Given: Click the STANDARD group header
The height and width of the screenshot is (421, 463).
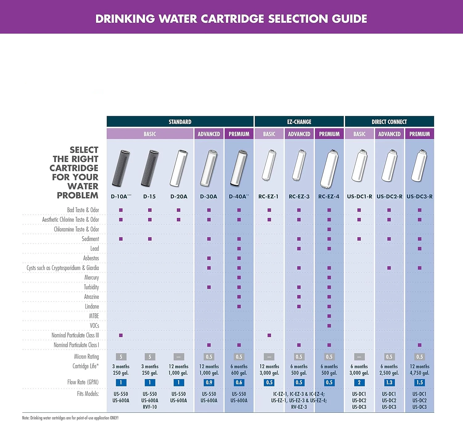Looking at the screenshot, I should click(x=180, y=122).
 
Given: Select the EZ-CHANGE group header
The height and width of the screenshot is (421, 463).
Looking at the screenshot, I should click(x=299, y=122).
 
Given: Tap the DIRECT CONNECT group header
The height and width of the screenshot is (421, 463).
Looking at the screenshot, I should click(x=389, y=122).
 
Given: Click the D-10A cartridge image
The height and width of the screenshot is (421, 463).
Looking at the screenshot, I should click(x=121, y=168).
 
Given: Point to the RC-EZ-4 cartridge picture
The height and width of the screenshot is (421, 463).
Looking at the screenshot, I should click(x=329, y=169).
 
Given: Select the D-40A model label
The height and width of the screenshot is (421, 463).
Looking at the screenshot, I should click(x=239, y=196).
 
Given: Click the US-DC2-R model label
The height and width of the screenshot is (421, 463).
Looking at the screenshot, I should click(x=389, y=196).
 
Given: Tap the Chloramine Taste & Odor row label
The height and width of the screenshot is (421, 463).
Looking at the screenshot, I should click(x=76, y=229).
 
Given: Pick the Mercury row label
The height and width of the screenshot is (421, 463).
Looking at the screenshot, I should click(x=91, y=278).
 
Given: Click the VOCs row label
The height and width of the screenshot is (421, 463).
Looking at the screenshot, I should click(x=94, y=326).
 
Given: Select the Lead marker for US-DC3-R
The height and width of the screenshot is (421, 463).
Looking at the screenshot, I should click(x=419, y=249).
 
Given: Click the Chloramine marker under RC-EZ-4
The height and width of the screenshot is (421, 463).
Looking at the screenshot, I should click(x=329, y=229).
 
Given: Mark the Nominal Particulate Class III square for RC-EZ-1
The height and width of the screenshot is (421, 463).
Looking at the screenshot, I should click(x=269, y=335).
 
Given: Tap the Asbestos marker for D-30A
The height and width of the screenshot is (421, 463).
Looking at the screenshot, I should click(x=209, y=258).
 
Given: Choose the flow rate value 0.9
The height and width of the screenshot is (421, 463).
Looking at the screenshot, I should click(x=209, y=382).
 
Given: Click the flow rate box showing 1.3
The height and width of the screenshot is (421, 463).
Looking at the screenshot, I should click(x=389, y=382).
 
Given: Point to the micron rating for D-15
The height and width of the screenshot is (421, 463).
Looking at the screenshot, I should click(x=150, y=357).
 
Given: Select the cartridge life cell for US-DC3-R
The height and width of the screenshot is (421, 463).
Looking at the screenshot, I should click(x=419, y=369).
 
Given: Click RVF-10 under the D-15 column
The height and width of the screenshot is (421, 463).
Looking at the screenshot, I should click(x=150, y=407).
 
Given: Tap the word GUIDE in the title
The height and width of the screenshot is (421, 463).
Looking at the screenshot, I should click(x=349, y=19).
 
